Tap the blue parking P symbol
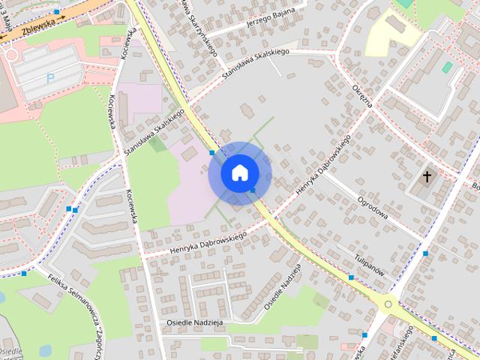click(x=51, y=76)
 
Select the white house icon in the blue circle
click(x=239, y=172)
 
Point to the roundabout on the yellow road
click(x=388, y=304)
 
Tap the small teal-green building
click(x=447, y=67)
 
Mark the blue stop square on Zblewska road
click(x=57, y=12)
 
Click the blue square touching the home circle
click(x=253, y=190)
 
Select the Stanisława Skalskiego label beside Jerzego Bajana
click(x=255, y=64)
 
